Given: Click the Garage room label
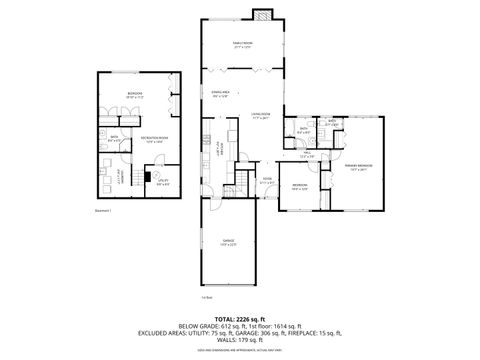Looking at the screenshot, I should [229, 241].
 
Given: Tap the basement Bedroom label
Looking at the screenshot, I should [134, 95].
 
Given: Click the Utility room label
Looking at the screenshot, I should [163, 181].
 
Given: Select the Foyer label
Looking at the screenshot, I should [266, 181].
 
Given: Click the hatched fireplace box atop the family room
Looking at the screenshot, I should [263, 16].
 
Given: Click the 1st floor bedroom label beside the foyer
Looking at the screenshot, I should [299, 187].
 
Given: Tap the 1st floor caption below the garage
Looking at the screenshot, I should [207, 297].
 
